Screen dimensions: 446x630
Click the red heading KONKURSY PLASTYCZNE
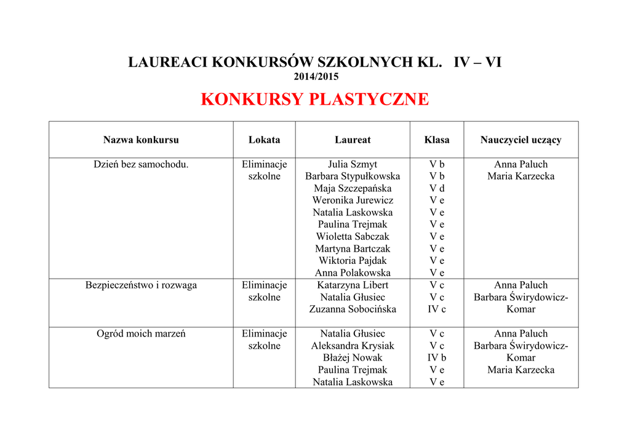point(314,100)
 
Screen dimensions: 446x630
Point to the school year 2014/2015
point(316,77)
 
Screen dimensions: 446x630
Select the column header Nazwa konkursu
point(141,140)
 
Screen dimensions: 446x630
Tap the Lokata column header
point(264,140)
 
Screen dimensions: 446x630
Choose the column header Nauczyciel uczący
point(520,140)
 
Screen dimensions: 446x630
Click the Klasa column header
point(437,140)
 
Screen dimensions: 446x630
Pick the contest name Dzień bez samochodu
point(141,164)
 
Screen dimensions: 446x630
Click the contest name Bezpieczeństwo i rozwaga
point(141,285)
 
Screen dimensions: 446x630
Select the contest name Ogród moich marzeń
point(141,333)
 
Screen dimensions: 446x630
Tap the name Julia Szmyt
point(353,164)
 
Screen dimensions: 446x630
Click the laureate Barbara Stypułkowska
point(353,176)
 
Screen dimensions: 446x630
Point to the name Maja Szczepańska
point(353,188)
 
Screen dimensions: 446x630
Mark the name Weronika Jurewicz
point(353,200)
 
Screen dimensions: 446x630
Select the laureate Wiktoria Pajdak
point(353,260)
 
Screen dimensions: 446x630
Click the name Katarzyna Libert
point(353,285)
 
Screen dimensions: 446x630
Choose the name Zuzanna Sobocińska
point(353,309)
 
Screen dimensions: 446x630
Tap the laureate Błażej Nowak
point(353,357)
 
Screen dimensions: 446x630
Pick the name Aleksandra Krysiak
point(353,346)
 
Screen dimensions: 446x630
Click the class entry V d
point(437,188)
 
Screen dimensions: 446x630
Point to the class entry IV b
point(437,357)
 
